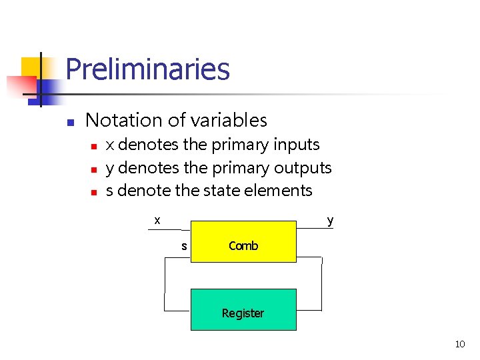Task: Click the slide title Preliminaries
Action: [x=147, y=69]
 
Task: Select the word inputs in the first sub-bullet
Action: [x=295, y=145]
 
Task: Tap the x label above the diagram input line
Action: [x=157, y=219]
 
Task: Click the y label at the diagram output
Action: [x=330, y=220]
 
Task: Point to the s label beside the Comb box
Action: [x=184, y=246]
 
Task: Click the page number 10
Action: [x=459, y=344]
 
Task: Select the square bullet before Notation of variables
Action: [x=69, y=122]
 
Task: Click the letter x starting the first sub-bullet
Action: [x=110, y=145]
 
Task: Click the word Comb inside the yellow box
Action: [x=243, y=246]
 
